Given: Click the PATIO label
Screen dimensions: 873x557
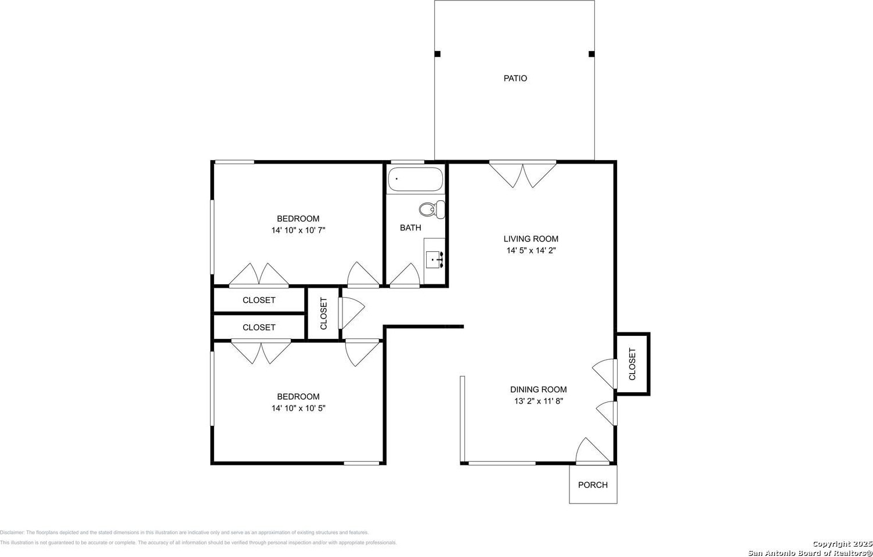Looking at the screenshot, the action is click(x=515, y=78).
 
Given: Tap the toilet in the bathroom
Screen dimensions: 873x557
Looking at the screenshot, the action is click(x=432, y=209).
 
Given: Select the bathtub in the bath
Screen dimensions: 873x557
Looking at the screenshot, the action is click(x=416, y=179).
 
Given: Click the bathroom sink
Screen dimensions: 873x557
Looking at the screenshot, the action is click(x=434, y=259).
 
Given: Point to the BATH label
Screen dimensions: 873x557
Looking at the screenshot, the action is click(x=410, y=227).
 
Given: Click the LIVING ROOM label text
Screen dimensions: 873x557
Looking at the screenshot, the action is click(x=531, y=239).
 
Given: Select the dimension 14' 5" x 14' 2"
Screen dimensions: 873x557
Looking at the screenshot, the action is click(x=531, y=251).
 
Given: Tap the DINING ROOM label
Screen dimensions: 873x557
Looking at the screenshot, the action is click(x=538, y=389).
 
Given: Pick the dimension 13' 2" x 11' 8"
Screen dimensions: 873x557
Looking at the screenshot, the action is click(x=538, y=401).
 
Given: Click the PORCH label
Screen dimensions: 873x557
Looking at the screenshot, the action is click(x=593, y=485).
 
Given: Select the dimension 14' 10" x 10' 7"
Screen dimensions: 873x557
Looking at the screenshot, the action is click(x=298, y=230).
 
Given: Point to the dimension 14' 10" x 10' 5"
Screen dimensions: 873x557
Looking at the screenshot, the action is click(x=298, y=408).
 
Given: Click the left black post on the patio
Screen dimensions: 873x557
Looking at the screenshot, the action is click(x=437, y=54).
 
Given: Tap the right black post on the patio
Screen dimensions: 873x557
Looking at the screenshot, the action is click(x=591, y=54).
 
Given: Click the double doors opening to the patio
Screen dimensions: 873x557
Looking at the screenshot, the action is click(x=522, y=174).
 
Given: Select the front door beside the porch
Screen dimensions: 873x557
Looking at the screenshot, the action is click(x=593, y=451).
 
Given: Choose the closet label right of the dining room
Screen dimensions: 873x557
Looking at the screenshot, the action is click(x=632, y=364).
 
